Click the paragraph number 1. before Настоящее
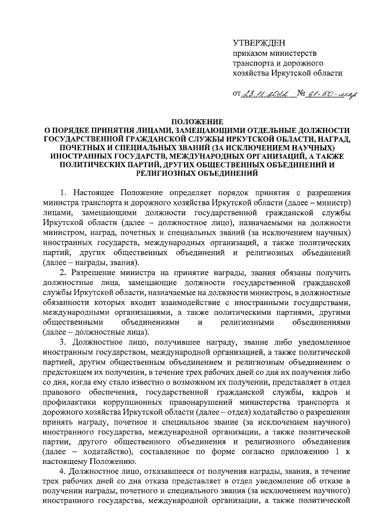[64, 192]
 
